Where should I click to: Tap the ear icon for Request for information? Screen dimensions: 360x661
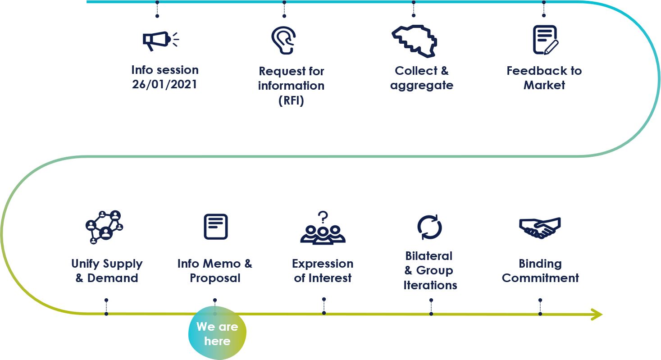(284, 40)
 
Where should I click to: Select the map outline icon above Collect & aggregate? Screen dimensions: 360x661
(414, 41)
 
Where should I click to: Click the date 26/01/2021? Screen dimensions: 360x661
(164, 85)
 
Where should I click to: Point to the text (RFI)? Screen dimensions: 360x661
(291, 100)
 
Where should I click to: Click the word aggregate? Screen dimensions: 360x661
(421, 85)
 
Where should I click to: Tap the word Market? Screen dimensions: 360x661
(544, 85)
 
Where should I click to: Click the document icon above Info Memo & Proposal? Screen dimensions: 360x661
(215, 227)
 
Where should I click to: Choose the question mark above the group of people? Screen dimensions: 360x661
(323, 217)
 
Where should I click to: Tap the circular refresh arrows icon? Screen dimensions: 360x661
(429, 227)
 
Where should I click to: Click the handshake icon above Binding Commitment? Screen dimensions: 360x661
(539, 228)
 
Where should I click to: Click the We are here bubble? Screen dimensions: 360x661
(217, 333)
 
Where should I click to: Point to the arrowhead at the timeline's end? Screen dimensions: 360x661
(598, 314)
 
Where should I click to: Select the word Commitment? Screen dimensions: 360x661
(540, 278)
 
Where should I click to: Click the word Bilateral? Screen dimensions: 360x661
(429, 256)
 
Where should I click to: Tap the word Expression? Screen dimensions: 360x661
(323, 264)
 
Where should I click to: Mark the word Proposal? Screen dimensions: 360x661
(215, 278)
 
